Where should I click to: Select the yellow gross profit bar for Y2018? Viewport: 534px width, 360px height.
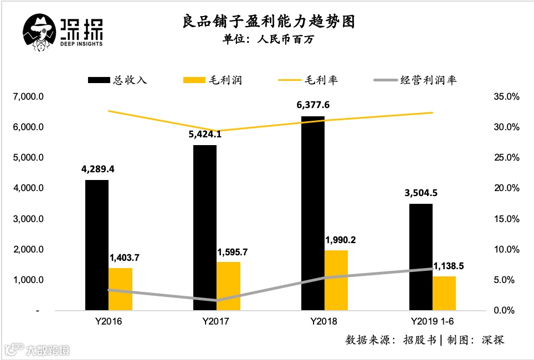click(336, 280)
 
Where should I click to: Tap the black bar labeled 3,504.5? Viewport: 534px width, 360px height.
click(420, 257)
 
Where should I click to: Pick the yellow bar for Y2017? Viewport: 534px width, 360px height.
click(228, 286)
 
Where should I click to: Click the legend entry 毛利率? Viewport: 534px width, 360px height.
click(321, 80)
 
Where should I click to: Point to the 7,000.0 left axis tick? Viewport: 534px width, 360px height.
click(28, 97)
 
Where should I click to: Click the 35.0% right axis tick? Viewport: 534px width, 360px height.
click(506, 97)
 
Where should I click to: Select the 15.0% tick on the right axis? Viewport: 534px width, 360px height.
click(506, 219)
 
